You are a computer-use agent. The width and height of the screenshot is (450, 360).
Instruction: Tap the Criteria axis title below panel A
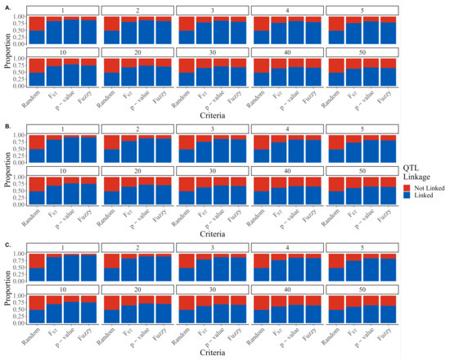[x=213, y=119]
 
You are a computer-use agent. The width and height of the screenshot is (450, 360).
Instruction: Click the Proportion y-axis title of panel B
[x=7, y=168]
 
